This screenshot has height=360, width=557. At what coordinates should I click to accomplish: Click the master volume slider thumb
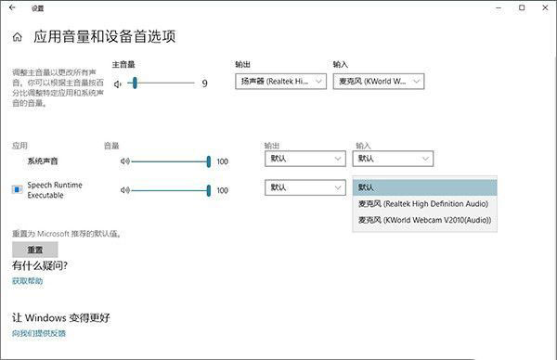click(x=136, y=84)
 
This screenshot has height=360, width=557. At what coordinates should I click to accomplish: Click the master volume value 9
click(x=204, y=84)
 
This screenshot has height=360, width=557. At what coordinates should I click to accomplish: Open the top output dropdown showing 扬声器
click(x=281, y=82)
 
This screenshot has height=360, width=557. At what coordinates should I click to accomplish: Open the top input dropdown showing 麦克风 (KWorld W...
click(x=378, y=82)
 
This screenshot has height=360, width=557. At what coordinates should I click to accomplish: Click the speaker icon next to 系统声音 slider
click(x=124, y=161)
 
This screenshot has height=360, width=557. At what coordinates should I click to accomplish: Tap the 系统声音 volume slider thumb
click(x=209, y=161)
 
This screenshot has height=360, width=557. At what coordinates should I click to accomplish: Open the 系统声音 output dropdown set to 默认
click(x=304, y=159)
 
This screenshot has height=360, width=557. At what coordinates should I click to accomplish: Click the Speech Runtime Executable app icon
click(x=17, y=189)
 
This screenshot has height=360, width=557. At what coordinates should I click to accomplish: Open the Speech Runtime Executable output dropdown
click(x=304, y=187)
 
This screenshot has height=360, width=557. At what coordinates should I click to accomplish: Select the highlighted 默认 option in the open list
click(x=425, y=187)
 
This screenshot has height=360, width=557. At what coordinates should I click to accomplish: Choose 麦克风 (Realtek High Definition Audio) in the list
click(x=425, y=204)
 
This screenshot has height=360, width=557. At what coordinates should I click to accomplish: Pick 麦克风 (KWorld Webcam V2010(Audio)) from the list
click(x=425, y=220)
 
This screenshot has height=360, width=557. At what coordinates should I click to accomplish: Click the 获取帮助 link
click(x=27, y=280)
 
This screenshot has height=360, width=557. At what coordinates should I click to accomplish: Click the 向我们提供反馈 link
click(x=39, y=332)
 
